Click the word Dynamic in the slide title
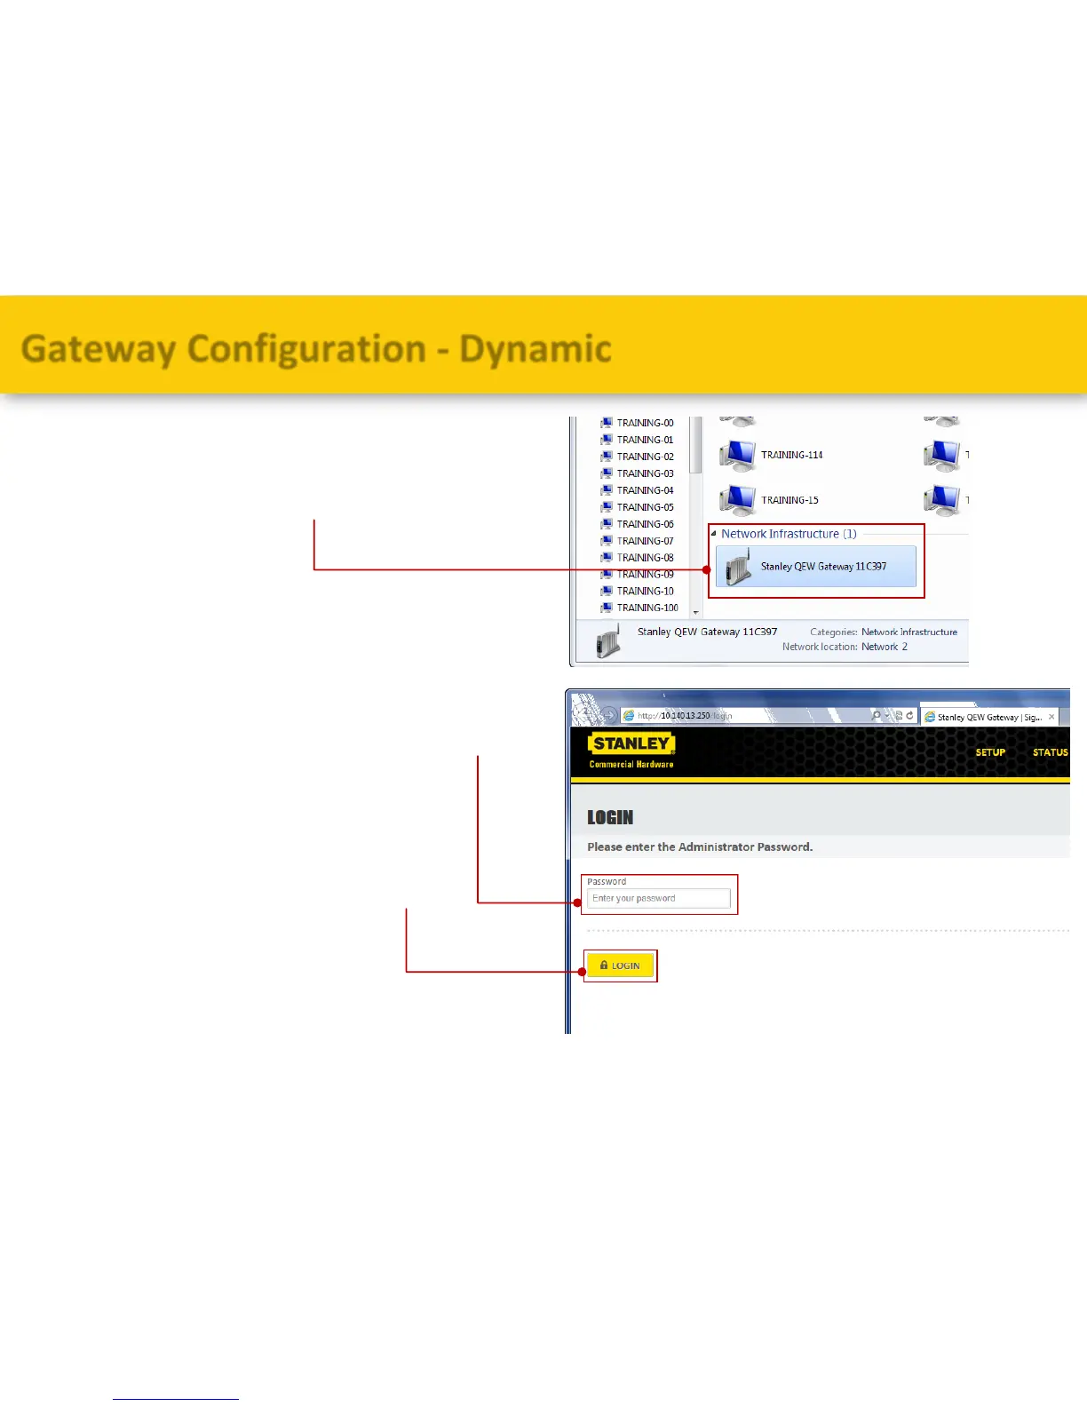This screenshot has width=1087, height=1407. click(x=535, y=349)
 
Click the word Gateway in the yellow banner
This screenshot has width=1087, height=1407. click(x=98, y=349)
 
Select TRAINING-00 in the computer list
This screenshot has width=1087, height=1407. click(x=645, y=423)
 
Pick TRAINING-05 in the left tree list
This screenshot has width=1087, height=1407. click(x=645, y=507)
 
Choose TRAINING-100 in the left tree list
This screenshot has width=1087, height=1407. click(x=647, y=608)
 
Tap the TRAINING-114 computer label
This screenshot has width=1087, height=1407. click(x=791, y=455)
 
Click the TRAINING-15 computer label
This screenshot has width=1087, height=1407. click(x=789, y=500)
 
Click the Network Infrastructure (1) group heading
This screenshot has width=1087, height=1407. click(x=788, y=534)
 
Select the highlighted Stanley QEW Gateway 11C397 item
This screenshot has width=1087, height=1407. click(x=822, y=567)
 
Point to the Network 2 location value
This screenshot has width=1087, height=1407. click(x=885, y=647)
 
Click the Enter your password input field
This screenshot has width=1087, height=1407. click(x=658, y=899)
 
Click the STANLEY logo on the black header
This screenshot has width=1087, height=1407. click(x=631, y=743)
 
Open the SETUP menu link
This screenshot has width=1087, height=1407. click(x=990, y=752)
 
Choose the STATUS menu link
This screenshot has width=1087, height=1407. click(x=1050, y=752)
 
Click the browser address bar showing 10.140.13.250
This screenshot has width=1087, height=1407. click(x=746, y=715)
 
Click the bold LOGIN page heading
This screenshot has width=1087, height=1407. click(x=610, y=817)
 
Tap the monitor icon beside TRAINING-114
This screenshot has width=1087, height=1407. click(x=737, y=456)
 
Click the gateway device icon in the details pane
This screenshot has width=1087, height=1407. click(x=607, y=640)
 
